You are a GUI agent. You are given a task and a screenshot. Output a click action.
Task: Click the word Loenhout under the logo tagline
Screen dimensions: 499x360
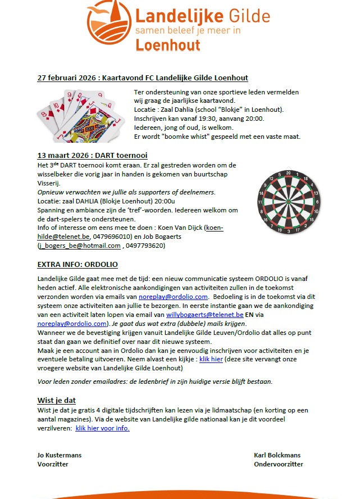tap(168, 46)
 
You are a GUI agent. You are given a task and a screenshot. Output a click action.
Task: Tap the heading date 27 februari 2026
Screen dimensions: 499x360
tap(65, 78)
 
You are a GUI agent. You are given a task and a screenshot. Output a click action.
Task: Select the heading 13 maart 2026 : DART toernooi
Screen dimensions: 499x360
tap(92, 155)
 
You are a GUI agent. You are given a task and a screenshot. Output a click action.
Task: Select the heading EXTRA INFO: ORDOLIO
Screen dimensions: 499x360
tap(78, 265)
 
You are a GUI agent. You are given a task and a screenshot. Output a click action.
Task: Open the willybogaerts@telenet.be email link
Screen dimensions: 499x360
tap(206, 316)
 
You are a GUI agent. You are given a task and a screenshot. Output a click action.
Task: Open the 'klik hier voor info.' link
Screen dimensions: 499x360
tap(102, 428)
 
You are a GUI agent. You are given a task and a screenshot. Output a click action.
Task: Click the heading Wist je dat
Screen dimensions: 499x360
tap(56, 400)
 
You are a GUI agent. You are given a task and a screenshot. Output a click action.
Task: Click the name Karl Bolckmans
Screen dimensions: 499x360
tap(279, 455)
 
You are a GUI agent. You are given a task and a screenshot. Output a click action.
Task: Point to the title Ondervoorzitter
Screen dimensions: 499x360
tap(279, 464)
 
